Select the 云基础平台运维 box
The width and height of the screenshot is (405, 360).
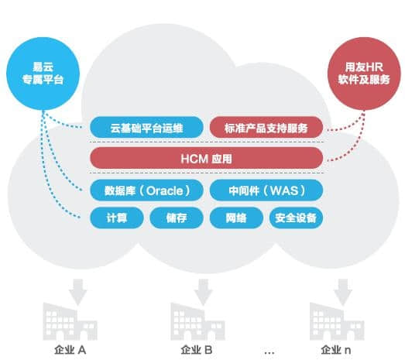146,126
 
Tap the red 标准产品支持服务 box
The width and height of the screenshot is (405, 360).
266,126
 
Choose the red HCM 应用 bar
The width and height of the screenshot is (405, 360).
206,158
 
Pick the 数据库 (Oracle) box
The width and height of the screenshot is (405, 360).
146,190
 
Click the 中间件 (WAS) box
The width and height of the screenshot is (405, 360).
266,190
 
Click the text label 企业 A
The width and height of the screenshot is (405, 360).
70,350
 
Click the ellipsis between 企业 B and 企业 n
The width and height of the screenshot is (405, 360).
269,351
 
